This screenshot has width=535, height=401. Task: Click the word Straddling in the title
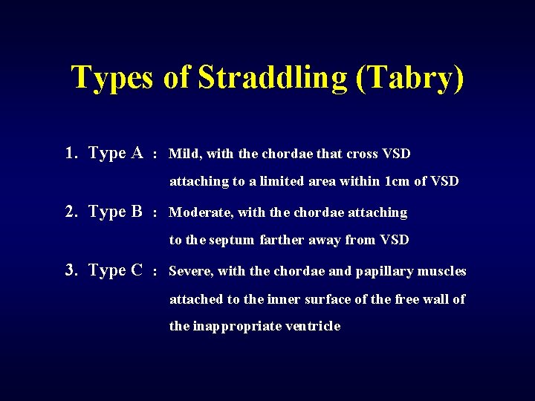273,78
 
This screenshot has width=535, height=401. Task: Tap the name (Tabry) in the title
410,78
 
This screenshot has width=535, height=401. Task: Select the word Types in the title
111,78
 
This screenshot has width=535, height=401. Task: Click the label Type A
115,153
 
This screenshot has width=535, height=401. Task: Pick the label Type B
115,212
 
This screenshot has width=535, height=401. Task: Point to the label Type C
115,270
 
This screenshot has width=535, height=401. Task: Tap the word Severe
191,271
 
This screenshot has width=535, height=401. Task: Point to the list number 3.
71,270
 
